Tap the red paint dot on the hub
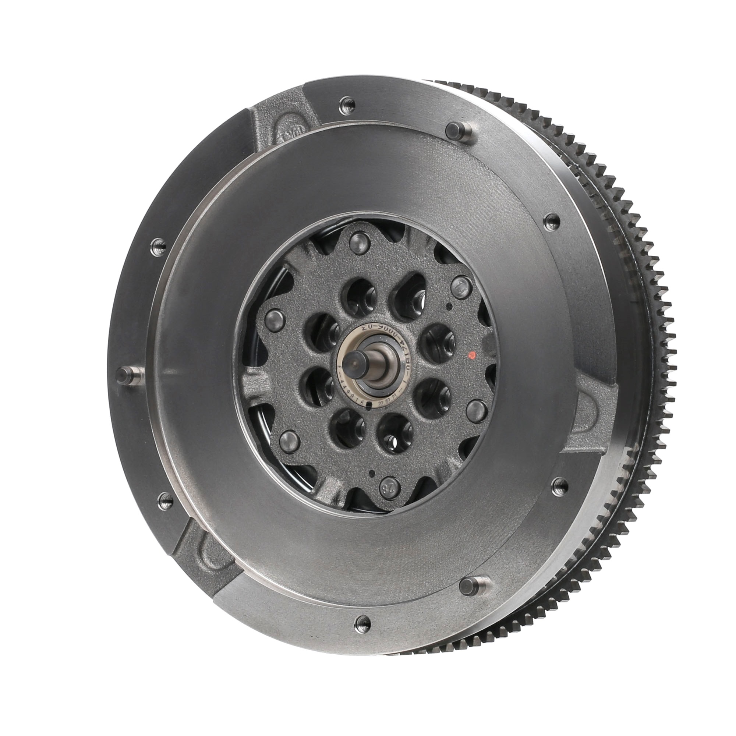click(473, 355)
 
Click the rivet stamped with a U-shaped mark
click(461, 284)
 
